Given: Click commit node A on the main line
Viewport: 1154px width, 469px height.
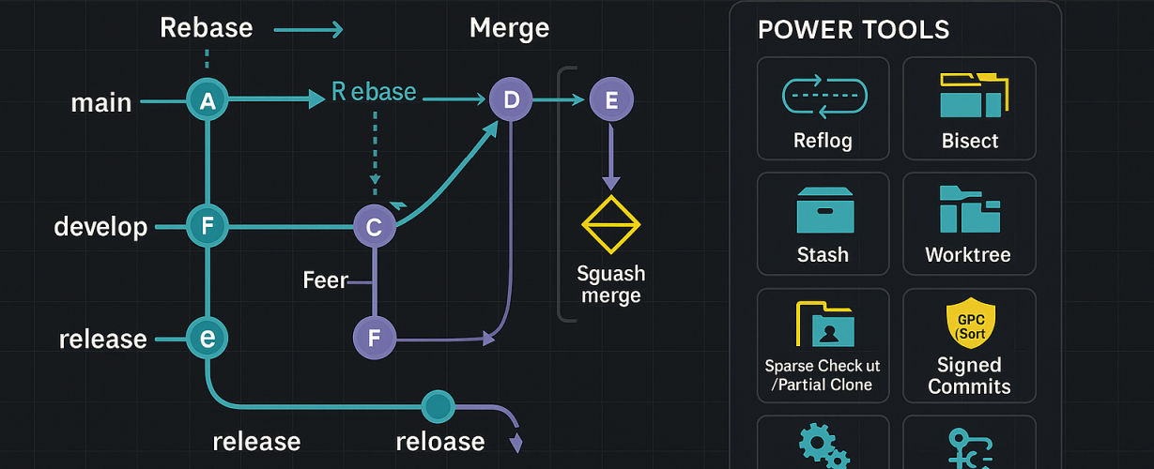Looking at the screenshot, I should [x=208, y=101].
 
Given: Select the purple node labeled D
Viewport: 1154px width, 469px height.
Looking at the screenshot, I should [x=511, y=100].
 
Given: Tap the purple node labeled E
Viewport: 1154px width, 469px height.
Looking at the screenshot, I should [x=611, y=100].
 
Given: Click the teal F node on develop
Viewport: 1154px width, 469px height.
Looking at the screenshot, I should [x=208, y=226].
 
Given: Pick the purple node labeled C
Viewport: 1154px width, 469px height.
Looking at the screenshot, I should [x=375, y=227].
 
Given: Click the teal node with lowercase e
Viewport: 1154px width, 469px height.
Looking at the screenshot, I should [x=208, y=338].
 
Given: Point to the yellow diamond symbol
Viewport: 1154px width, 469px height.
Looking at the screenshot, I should [x=610, y=226].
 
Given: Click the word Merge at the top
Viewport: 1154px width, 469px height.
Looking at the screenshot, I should [x=509, y=28].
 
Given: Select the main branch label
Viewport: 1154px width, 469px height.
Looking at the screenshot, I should [x=101, y=102].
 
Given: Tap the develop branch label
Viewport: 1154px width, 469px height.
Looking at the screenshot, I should [x=100, y=227].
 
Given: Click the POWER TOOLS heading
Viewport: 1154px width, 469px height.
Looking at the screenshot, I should [x=854, y=30].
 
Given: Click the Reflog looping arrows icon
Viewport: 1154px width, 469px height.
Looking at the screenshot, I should [x=823, y=98].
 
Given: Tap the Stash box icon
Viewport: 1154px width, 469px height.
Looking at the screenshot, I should [x=824, y=209].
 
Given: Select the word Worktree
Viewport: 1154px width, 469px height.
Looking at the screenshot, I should [x=970, y=255].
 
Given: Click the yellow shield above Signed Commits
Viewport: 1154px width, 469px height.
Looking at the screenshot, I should [x=969, y=323].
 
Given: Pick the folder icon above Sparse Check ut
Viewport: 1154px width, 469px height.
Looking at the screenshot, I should [x=824, y=325].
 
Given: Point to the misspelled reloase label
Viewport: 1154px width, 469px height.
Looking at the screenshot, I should [x=439, y=441].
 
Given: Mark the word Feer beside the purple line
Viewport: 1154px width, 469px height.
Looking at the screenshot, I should [x=326, y=280].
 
